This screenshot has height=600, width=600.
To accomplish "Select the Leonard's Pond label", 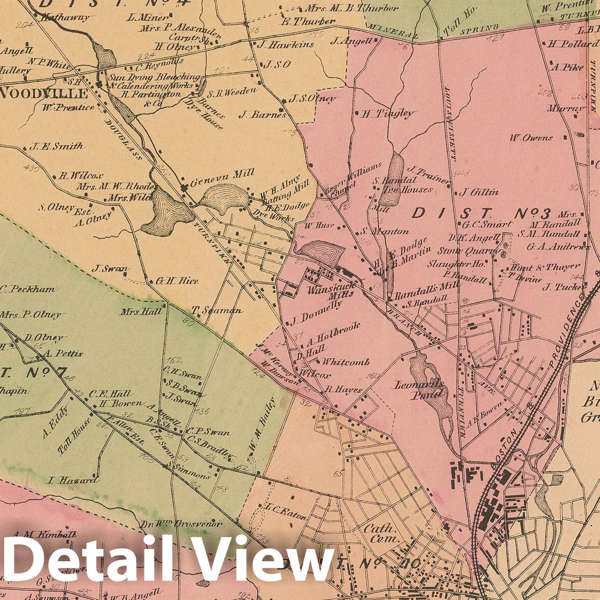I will pos(421,389).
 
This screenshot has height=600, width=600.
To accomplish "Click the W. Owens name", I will pos(531,138).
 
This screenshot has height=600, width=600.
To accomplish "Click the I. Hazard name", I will pos(73,480).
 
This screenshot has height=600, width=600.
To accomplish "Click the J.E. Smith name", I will pos(56,146).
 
